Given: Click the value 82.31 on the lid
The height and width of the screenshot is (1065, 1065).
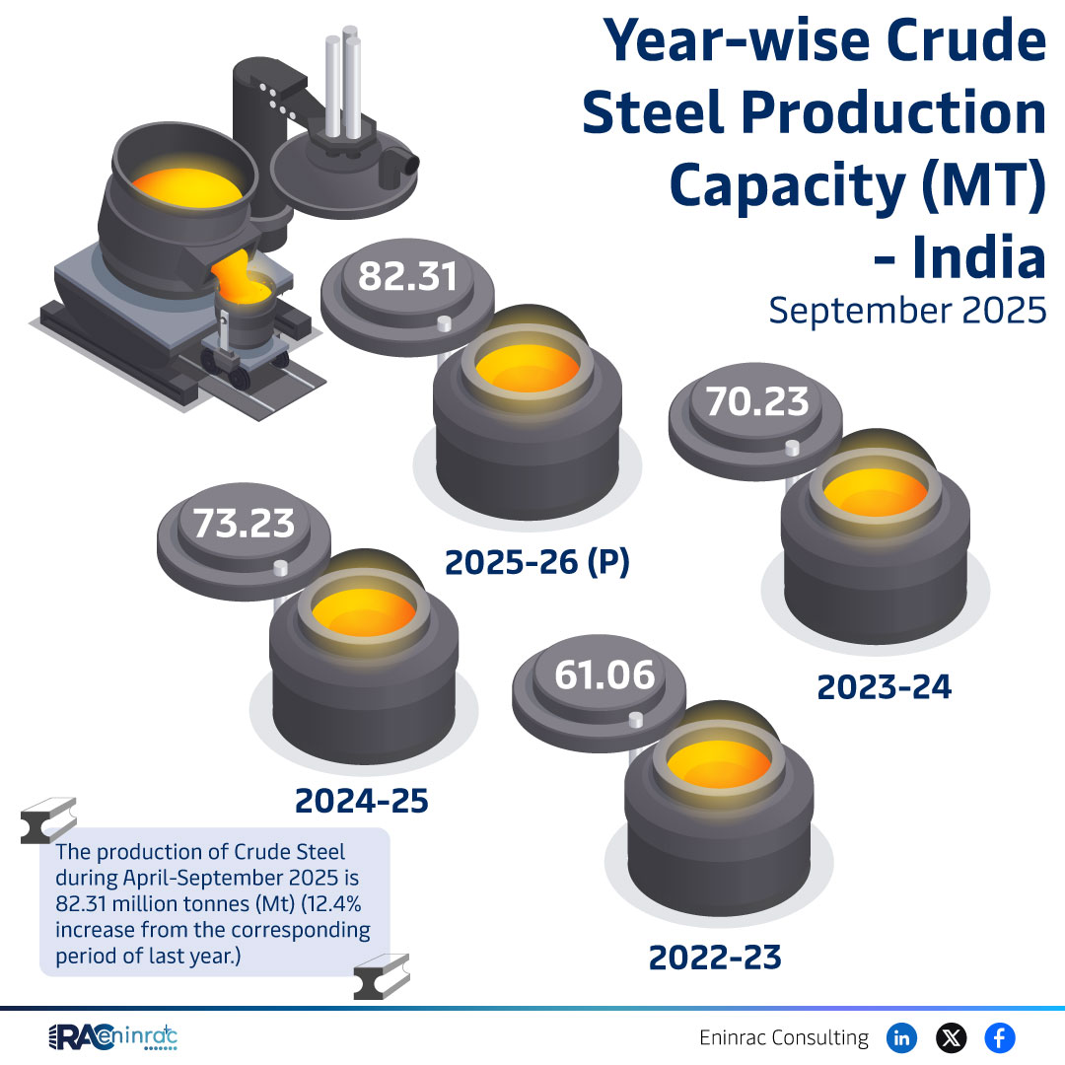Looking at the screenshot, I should pos(407,277).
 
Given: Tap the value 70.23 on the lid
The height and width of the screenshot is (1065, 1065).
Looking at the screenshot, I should pos(756,401).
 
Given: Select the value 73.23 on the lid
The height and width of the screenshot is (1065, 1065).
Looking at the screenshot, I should pos(244,524).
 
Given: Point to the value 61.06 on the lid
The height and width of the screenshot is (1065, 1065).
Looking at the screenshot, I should pos(603,675).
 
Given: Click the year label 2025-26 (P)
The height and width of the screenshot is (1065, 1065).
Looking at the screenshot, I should pos(536,562).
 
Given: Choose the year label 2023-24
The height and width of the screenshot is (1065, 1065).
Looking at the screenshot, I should pos(884,687).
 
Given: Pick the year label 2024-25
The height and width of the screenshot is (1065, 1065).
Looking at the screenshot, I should pos(362,801).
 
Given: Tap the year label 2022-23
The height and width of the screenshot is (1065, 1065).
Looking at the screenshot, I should pos(715,957).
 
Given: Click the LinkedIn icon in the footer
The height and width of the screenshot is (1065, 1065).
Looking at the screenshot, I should pos(901,1037).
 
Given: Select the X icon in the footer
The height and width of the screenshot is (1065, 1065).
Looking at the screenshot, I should pos(951,1037).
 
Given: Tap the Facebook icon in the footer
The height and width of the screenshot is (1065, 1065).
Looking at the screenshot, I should pos(1000,1037).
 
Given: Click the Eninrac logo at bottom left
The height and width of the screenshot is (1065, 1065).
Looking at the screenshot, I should pos(112,1038).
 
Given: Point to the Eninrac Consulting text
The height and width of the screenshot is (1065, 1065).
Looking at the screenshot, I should pos(784,1038).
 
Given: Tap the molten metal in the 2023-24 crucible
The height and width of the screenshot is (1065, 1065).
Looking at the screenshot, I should pos(874,492).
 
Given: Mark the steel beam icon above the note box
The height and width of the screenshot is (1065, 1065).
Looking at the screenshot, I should pos(48,820).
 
